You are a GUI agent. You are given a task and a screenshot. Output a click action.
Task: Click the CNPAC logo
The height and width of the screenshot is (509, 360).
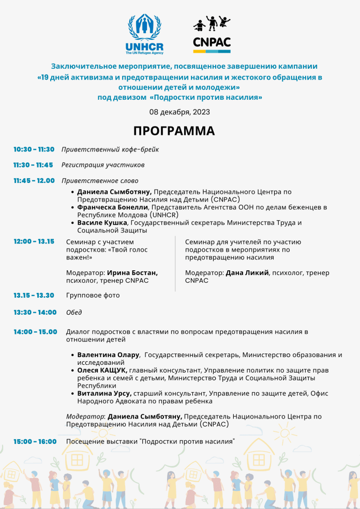tap(212, 35)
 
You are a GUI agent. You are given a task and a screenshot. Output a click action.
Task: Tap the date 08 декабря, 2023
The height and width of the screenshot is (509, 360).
tap(179, 112)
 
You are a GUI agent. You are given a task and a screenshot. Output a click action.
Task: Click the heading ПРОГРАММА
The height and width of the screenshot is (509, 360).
tap(174, 131)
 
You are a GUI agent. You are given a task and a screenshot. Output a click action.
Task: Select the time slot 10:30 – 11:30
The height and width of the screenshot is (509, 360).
tap(34, 149)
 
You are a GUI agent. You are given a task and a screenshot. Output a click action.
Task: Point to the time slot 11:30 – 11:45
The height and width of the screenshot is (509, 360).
tap(33, 165)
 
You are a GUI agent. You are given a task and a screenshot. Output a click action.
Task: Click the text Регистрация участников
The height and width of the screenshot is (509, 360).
tap(103, 165)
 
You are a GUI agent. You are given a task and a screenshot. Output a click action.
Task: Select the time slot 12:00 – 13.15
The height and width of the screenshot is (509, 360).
tap(34, 241)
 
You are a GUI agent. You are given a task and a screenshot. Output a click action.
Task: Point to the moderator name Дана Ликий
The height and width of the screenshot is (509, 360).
tap(247, 273)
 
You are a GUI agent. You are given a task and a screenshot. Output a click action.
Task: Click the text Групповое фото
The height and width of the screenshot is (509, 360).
tap(93, 296)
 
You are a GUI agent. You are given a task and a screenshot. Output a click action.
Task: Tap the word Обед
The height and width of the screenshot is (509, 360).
tap(74, 313)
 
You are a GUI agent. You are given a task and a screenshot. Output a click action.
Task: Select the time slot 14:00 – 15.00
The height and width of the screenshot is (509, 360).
tap(35, 332)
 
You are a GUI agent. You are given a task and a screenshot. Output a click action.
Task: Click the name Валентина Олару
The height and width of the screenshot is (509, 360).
tap(109, 355)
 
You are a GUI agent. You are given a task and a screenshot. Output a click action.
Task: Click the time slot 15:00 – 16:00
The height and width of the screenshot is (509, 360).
tap(35, 442)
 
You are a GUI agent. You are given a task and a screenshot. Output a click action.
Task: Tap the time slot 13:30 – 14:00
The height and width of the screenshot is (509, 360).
tap(35, 313)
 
